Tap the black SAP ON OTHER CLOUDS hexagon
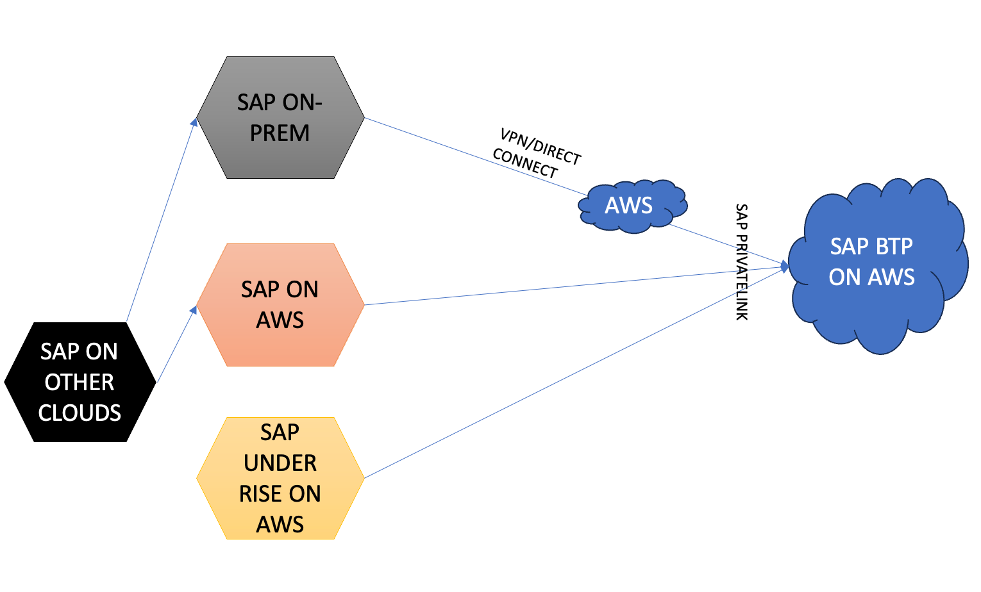pos(80,429)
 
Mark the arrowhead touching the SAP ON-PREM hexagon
pos(194,121)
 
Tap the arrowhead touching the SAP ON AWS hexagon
pos(193,310)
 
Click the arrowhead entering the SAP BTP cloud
pos(784,266)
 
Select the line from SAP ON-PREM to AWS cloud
pos(474,156)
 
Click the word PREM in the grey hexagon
pos(280,133)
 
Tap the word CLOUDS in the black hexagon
pos(80,413)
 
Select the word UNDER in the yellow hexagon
pos(280,463)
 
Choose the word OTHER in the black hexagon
pos(80,382)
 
